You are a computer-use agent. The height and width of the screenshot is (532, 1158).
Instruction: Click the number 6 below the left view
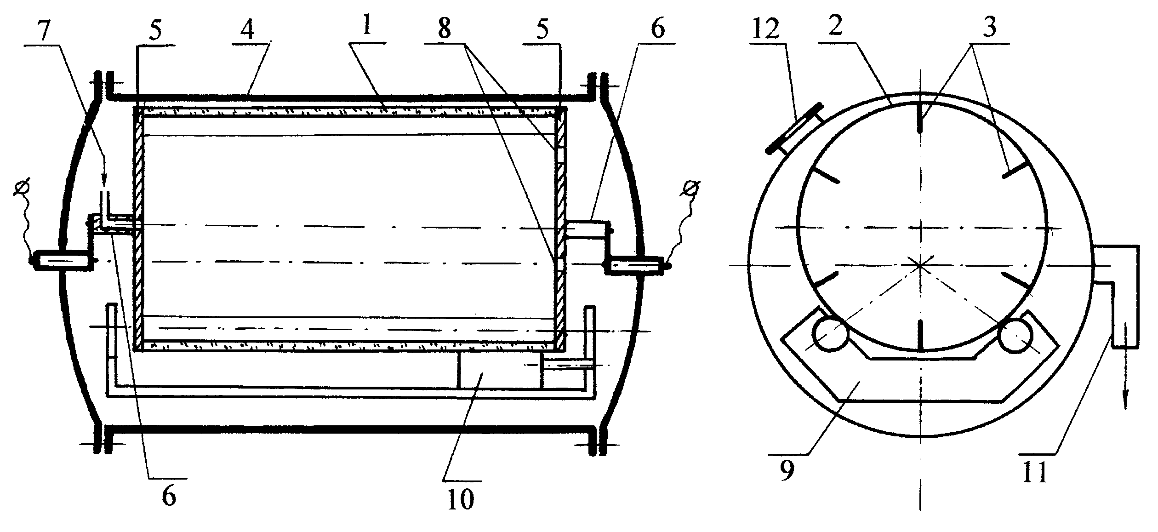(x=169, y=497)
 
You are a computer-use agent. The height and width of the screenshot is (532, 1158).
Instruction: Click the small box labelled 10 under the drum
(x=500, y=371)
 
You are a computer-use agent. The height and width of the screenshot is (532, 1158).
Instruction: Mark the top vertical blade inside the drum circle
(x=920, y=118)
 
